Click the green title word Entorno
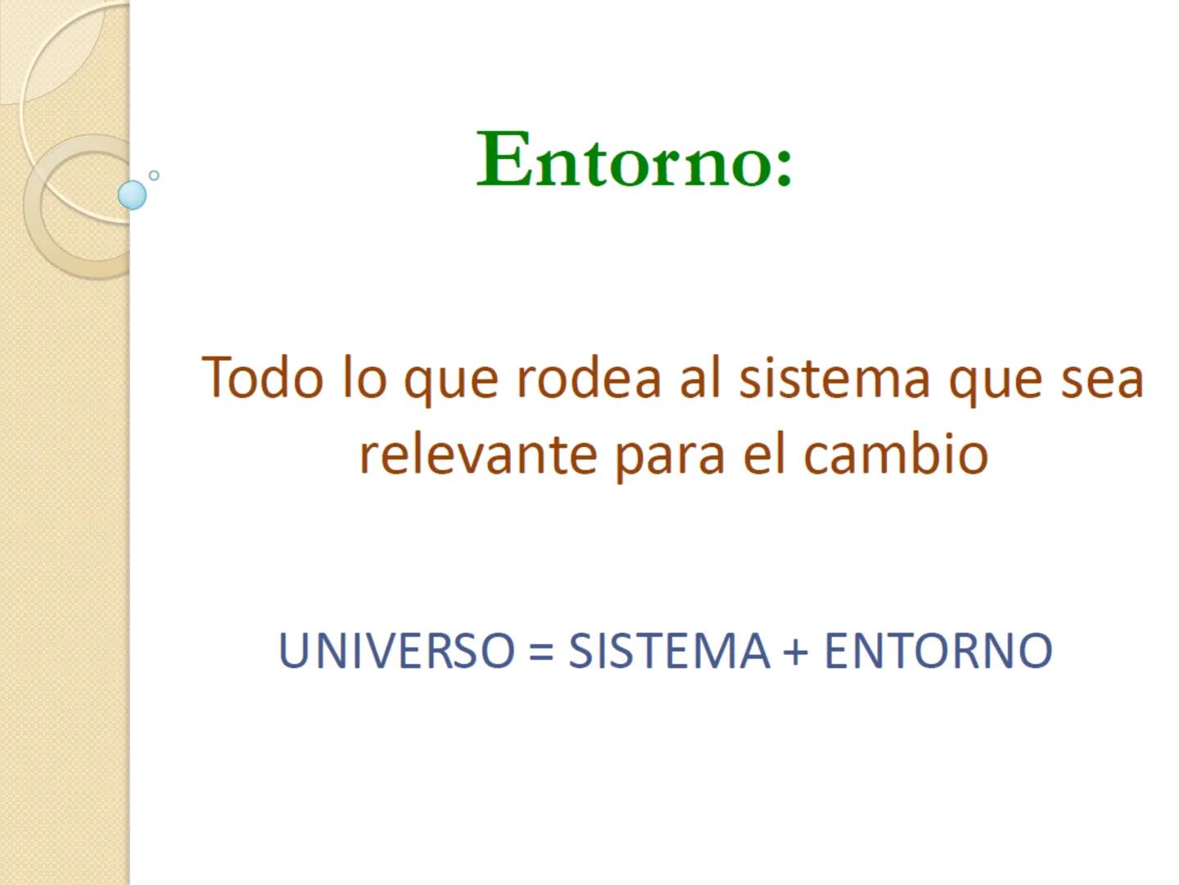(622, 160)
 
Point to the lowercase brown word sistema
(834, 379)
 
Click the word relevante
(477, 455)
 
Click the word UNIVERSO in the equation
(397, 651)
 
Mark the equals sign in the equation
(541, 652)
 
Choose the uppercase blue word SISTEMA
(669, 651)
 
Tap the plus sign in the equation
(796, 652)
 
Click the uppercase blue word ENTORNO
(937, 651)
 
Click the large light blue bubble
(132, 195)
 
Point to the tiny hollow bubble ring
(154, 175)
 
